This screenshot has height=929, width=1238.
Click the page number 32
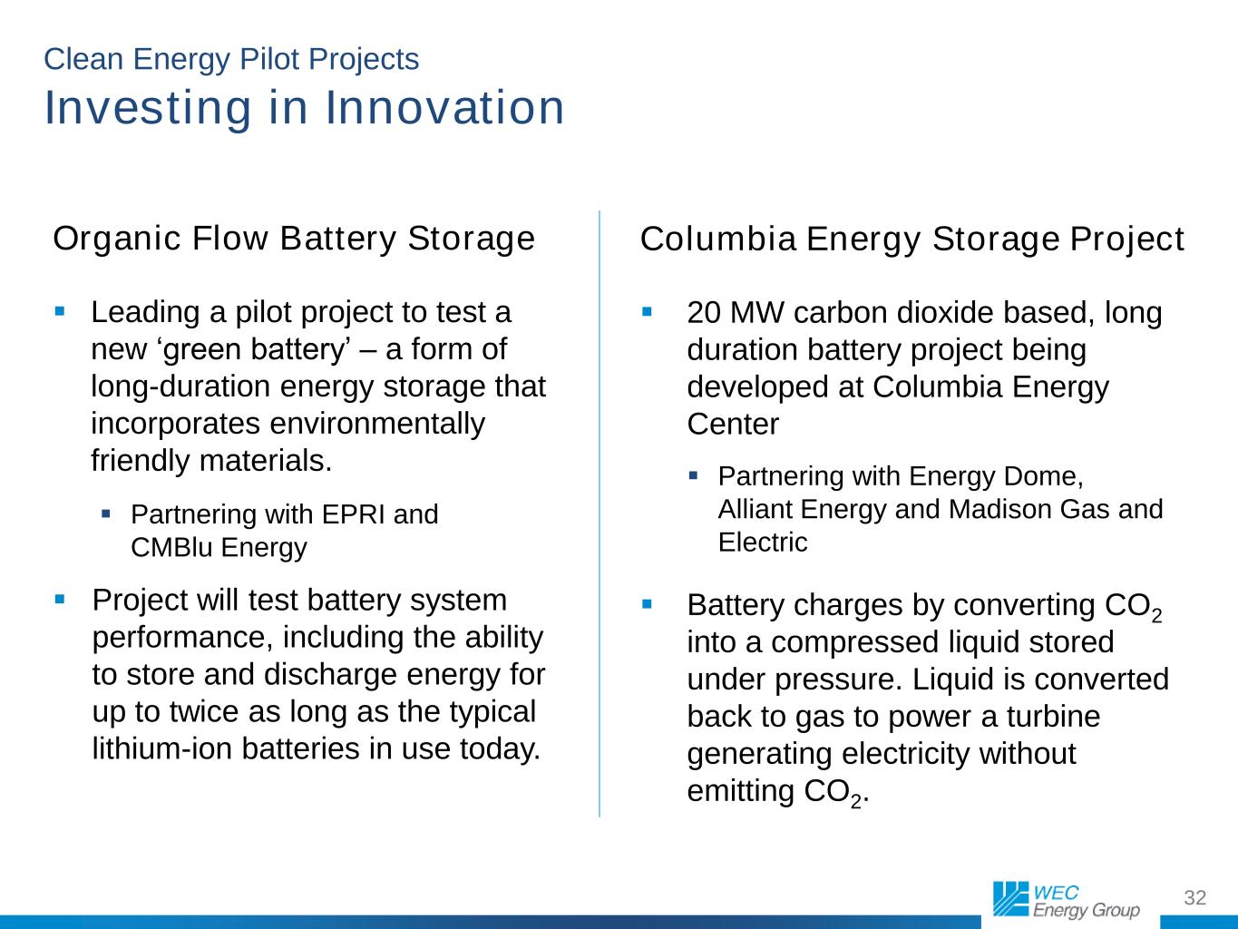point(1194,897)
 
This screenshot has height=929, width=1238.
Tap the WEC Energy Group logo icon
point(1010,899)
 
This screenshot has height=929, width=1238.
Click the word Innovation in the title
point(445,107)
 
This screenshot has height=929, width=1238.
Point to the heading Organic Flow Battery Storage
point(294,238)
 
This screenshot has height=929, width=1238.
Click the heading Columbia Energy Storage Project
point(912,239)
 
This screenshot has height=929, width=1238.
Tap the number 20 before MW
point(704,312)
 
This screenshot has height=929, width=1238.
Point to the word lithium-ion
point(162,748)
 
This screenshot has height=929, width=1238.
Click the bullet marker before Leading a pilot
point(60,311)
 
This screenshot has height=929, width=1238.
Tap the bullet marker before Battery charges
point(647,604)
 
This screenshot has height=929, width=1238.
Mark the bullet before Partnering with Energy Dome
point(693,475)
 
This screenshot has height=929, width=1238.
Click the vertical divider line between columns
point(599,513)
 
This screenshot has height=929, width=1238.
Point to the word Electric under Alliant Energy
point(763,542)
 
